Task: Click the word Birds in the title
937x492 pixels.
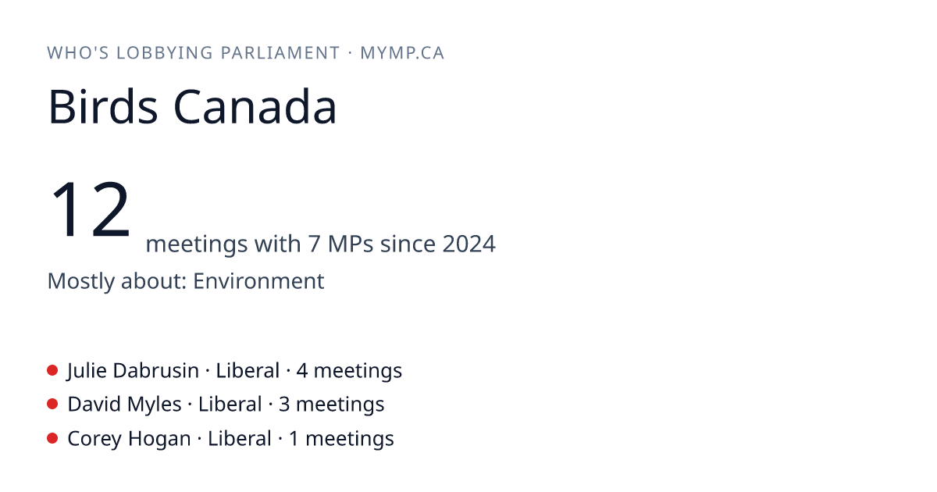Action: (103, 107)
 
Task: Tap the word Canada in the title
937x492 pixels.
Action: (255, 107)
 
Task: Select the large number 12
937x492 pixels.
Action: (90, 209)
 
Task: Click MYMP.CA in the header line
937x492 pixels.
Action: (402, 53)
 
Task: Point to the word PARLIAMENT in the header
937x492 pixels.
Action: (280, 53)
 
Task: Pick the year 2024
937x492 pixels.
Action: (469, 244)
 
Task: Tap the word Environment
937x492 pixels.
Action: (258, 280)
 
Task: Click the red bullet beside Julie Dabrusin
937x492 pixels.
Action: (52, 370)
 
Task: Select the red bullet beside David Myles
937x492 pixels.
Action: (52, 405)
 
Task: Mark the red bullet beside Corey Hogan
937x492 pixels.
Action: (52, 438)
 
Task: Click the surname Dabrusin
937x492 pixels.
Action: (155, 371)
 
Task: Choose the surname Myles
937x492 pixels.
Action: (154, 405)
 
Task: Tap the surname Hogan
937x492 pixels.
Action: (159, 439)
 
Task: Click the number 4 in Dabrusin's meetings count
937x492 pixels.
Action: (302, 371)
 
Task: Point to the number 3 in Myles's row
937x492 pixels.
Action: (284, 405)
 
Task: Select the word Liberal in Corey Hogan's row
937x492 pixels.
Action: (240, 438)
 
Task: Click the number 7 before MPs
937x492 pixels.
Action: (314, 244)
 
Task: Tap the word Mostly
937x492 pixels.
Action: (80, 281)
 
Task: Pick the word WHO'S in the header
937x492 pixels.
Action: (78, 53)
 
